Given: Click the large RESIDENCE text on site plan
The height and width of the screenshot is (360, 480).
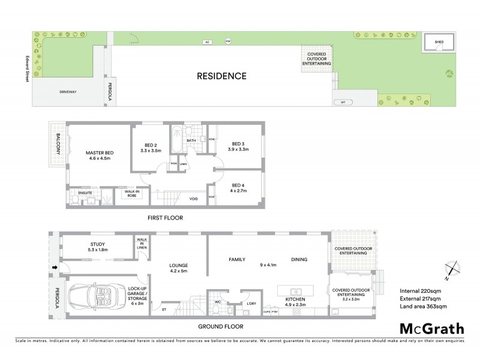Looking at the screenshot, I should tap(222, 76).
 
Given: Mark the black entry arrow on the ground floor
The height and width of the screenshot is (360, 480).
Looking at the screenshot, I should tap(55, 268).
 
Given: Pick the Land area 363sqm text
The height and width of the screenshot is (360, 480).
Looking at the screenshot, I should tap(424, 308).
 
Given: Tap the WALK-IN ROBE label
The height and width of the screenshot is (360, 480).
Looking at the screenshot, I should tap(131, 194).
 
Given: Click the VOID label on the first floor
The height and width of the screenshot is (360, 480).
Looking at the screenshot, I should tap(193, 199).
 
